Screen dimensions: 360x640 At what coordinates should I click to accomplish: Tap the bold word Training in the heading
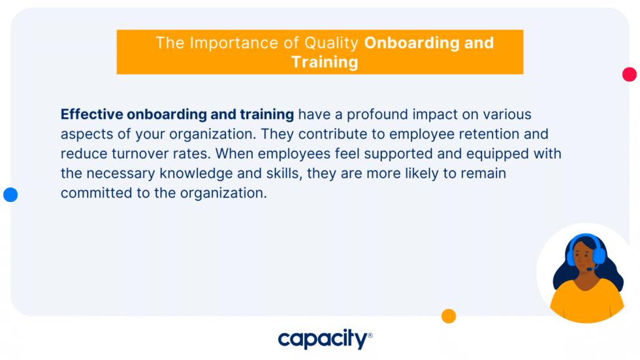tap(325, 62)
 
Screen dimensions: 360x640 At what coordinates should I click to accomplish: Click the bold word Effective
tap(91, 114)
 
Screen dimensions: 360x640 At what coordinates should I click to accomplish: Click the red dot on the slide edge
tap(630, 74)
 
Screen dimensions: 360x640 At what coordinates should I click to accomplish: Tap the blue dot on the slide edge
tap(10, 194)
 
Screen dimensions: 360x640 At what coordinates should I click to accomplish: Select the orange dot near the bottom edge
tap(449, 316)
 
